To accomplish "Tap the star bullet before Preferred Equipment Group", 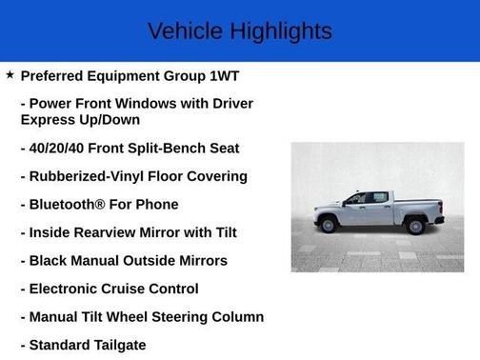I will pos(10,74).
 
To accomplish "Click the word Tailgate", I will pos(116,345).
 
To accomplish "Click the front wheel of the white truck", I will pos(329,225).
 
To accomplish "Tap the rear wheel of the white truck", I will pos(415,226).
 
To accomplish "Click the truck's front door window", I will pos(356,198).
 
